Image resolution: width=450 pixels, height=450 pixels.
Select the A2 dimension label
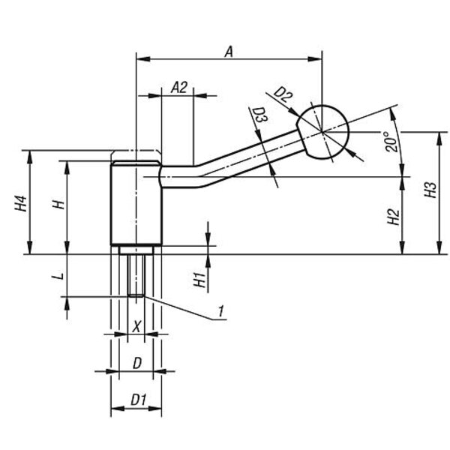pyautogui.click(x=178, y=87)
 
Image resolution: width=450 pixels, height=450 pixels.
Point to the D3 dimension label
pyautogui.click(x=259, y=116)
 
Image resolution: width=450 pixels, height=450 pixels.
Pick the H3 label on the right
pyautogui.click(x=429, y=190)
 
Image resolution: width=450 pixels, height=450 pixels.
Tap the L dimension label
pyautogui.click(x=58, y=276)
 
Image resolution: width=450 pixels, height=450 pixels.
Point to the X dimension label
pyautogui.click(x=136, y=326)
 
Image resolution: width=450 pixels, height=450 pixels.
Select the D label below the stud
pyautogui.click(x=136, y=363)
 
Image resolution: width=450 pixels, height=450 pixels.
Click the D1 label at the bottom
pyautogui.click(x=137, y=400)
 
